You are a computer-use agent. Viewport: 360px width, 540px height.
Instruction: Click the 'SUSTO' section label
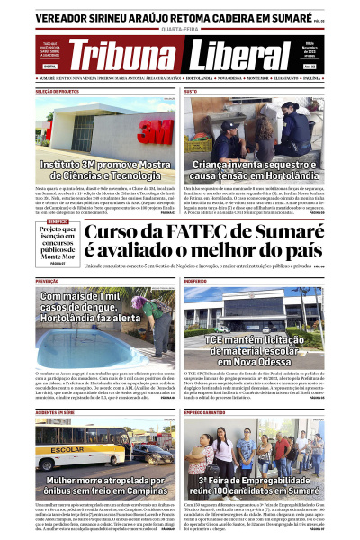[x=191, y=92]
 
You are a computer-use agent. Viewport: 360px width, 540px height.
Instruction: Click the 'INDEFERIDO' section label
[x=197, y=282]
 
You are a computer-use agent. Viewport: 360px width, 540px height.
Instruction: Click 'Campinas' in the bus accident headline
[x=133, y=492]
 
